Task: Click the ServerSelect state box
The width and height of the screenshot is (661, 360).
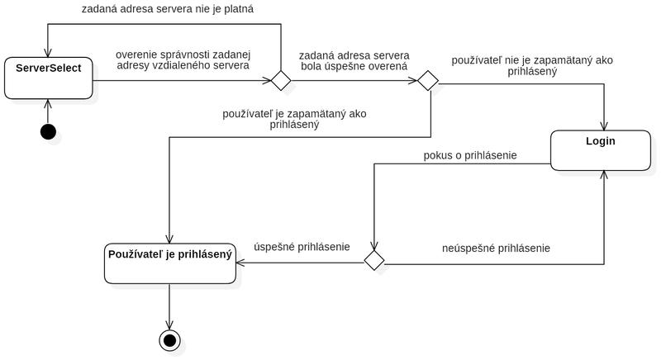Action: (49, 78)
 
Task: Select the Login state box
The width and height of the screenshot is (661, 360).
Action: (601, 150)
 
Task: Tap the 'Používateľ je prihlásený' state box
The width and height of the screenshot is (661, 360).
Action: (170, 263)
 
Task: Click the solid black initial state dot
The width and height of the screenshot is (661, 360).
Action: (48, 132)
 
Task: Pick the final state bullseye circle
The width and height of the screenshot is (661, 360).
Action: (169, 340)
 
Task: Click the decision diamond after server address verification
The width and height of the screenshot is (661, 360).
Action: (281, 80)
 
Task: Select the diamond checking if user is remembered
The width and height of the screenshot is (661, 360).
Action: (428, 80)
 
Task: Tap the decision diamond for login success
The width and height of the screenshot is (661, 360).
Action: (374, 260)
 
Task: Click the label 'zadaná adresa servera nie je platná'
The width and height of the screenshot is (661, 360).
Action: (168, 9)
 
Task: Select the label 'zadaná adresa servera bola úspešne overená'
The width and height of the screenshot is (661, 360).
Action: (354, 61)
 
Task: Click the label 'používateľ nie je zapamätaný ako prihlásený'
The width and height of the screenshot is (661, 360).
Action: (532, 66)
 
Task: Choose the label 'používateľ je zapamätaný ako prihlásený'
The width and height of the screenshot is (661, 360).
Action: (294, 119)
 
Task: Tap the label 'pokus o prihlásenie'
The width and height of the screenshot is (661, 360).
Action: (470, 155)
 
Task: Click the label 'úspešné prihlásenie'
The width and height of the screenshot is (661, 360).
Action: (302, 247)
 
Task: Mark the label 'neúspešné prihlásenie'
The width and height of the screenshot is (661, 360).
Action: (496, 249)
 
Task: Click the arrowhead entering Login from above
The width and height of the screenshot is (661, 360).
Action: (604, 126)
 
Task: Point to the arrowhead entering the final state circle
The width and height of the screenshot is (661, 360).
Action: (169, 325)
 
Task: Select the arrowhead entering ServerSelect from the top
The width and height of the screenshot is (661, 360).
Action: (48, 53)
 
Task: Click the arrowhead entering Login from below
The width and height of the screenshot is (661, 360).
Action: (604, 175)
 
